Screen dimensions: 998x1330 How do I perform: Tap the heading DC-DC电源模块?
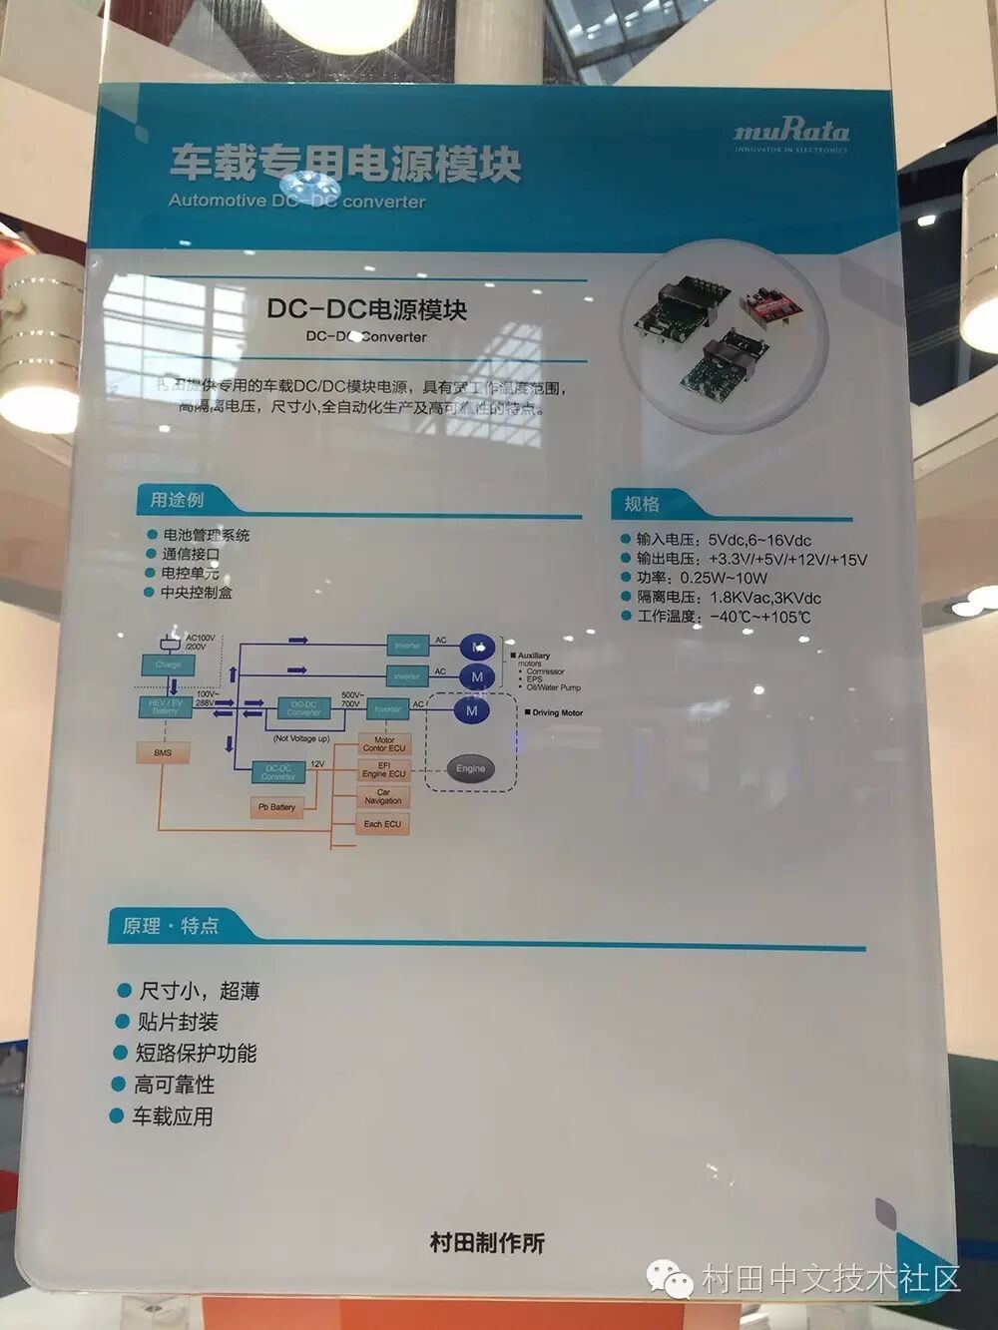366,309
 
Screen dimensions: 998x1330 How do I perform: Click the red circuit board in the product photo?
768,299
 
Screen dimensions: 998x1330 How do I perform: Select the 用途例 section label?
177,499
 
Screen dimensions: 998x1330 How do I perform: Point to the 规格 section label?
642,504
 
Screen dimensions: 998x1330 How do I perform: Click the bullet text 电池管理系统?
206,535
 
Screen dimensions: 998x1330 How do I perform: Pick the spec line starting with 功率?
702,578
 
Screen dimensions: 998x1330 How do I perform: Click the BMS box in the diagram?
163,753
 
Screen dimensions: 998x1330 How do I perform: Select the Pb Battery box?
276,806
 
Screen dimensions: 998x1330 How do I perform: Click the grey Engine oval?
470,768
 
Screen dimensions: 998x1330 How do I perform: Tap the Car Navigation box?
383,796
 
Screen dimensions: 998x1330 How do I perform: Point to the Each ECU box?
382,824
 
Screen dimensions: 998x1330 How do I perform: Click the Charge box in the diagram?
168,665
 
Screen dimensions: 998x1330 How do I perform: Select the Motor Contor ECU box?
384,744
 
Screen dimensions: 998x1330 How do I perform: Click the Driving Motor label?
557,712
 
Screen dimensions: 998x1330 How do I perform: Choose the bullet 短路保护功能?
196,1054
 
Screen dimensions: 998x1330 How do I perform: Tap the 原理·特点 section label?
170,926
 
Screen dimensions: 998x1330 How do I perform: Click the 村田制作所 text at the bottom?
487,1243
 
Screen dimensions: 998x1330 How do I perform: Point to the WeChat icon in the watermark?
671,1277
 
